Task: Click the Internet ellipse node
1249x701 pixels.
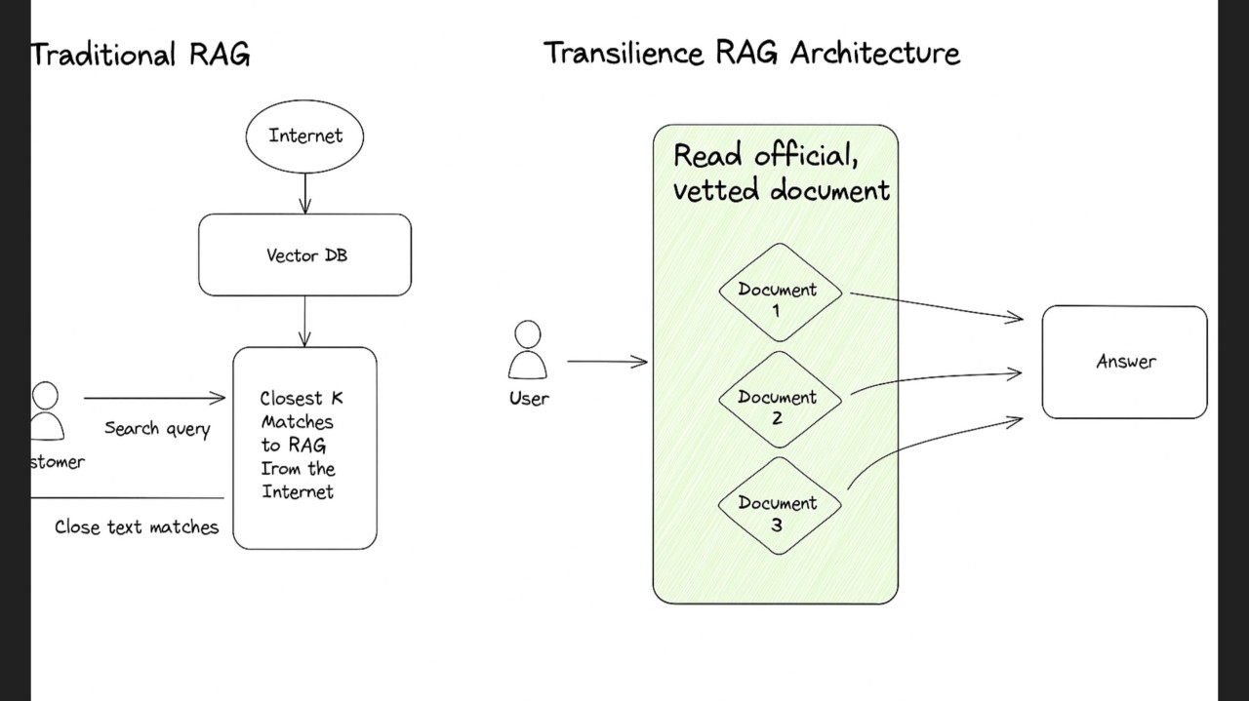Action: [304, 136]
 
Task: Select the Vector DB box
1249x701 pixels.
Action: [304, 255]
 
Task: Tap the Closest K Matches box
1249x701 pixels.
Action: [304, 448]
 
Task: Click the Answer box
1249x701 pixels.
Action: [1124, 362]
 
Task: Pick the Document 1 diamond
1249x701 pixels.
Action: [779, 293]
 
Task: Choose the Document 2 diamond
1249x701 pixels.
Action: [779, 401]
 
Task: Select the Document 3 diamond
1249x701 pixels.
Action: [779, 507]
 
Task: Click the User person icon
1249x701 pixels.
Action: [528, 350]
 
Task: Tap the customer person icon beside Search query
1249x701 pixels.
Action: [45, 411]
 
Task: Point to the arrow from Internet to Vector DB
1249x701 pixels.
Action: [305, 193]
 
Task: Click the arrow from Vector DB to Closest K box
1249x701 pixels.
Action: [305, 321]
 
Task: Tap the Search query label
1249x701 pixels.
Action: [157, 429]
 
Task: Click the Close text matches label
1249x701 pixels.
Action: [137, 527]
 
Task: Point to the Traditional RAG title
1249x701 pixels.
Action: [141, 54]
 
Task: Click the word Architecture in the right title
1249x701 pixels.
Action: [874, 53]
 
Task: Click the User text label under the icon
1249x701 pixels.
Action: [529, 398]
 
